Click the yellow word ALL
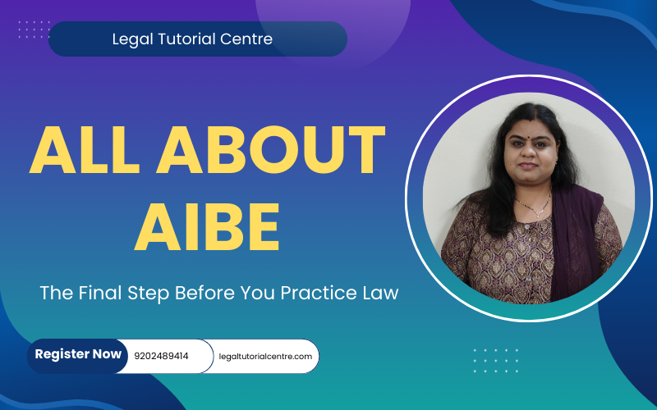point(85,149)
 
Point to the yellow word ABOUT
point(271,149)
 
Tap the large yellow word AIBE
point(207,226)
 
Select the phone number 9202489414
point(161,357)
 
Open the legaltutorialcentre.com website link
point(265,357)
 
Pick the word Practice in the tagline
point(315,293)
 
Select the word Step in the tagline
point(149,294)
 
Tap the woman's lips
point(528,166)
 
